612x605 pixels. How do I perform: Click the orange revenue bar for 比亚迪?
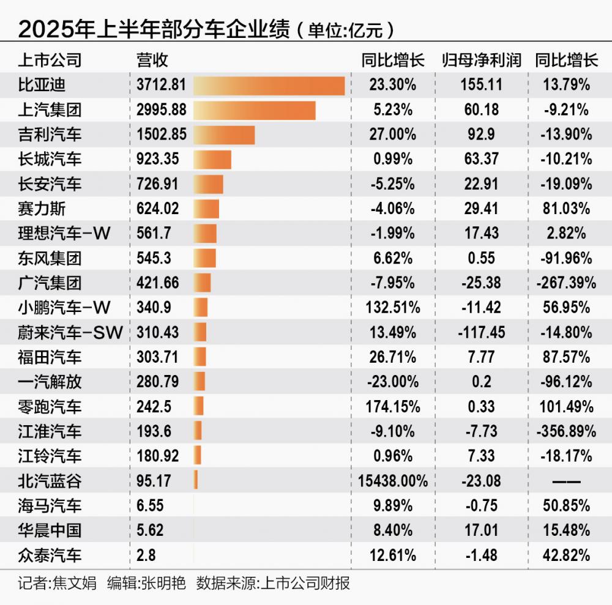coord(269,85)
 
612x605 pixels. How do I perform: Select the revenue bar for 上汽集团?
coord(255,110)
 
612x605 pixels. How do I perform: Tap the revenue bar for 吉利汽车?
coord(224,135)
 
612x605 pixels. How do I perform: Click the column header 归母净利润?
coord(482,60)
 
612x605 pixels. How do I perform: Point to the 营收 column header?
coord(152,60)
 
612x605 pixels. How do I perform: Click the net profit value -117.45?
coord(482,333)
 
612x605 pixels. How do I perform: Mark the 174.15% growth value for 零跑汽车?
coord(392,407)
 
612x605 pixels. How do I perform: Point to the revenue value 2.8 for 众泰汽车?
coord(146,555)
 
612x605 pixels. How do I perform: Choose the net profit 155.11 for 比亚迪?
coord(482,85)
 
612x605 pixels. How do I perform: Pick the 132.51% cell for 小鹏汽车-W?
coord(392,308)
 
